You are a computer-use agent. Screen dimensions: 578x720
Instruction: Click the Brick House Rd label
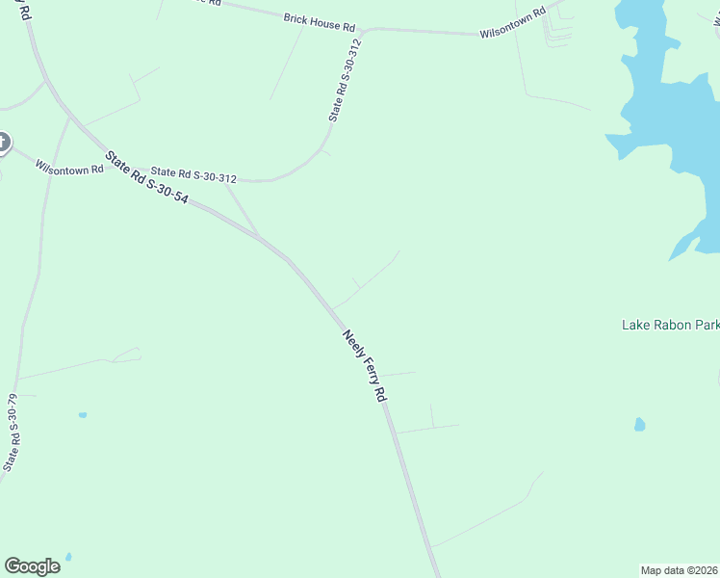pos(320,21)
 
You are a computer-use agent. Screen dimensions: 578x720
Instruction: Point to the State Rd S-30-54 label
pos(147,182)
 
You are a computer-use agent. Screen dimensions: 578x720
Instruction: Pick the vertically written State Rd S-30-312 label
pos(345,80)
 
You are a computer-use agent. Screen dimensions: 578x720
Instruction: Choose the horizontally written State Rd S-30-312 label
pos(193,177)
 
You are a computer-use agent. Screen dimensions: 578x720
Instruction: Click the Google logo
pos(32,565)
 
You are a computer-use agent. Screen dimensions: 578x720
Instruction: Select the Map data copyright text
pos(680,569)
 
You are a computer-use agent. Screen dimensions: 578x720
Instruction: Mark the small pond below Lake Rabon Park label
pos(640,424)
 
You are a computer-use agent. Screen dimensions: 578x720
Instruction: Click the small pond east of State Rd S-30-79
pos(83,415)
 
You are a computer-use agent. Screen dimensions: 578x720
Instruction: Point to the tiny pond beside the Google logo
pos(68,557)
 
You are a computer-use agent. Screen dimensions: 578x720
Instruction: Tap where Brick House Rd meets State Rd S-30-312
pos(364,30)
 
